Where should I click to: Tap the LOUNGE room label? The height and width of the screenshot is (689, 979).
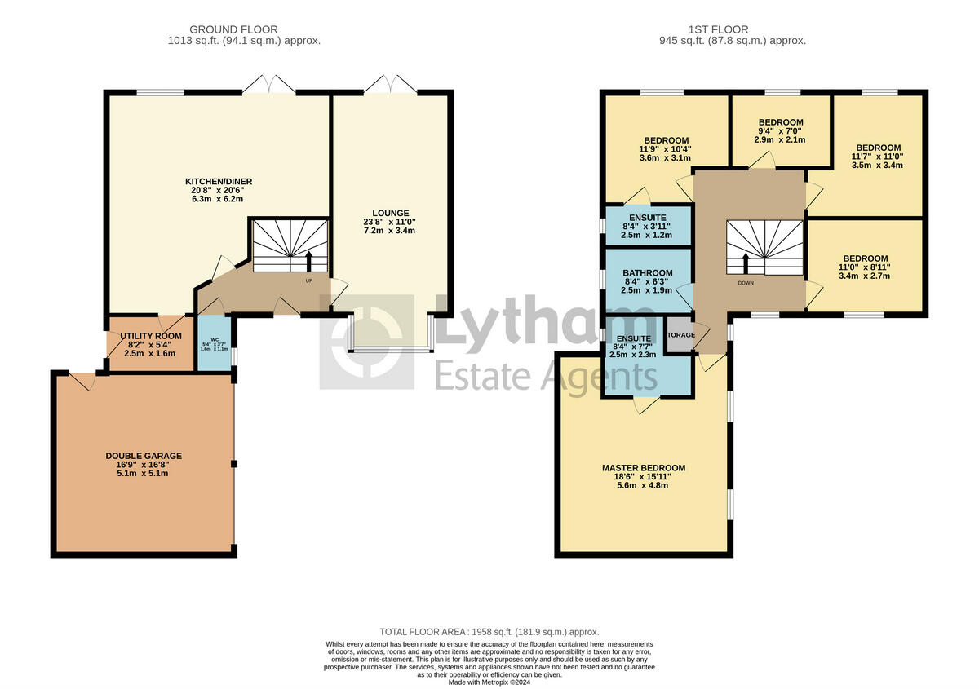click(389, 213)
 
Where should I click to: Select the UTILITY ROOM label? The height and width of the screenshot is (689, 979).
click(151, 336)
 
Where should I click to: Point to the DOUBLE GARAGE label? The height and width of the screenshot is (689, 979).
click(144, 456)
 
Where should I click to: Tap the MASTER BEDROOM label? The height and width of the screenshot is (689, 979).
click(644, 468)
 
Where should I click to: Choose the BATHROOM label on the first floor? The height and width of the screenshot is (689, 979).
click(648, 273)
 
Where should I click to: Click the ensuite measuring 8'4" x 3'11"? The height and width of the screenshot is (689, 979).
click(647, 219)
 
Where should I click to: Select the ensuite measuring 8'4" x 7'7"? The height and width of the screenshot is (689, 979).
click(633, 338)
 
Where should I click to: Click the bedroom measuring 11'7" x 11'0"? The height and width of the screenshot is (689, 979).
click(877, 148)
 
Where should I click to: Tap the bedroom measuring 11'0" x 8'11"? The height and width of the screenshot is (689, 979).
click(866, 258)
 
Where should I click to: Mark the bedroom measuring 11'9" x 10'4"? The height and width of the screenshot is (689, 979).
click(666, 140)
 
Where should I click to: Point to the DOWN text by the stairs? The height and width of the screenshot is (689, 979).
click(746, 284)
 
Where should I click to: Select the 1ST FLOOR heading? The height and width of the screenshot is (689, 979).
click(732, 29)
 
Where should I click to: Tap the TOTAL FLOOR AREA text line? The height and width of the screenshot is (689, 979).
click(489, 632)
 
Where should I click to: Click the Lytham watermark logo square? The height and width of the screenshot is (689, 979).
click(366, 342)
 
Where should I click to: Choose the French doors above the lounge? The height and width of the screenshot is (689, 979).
click(390, 84)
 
